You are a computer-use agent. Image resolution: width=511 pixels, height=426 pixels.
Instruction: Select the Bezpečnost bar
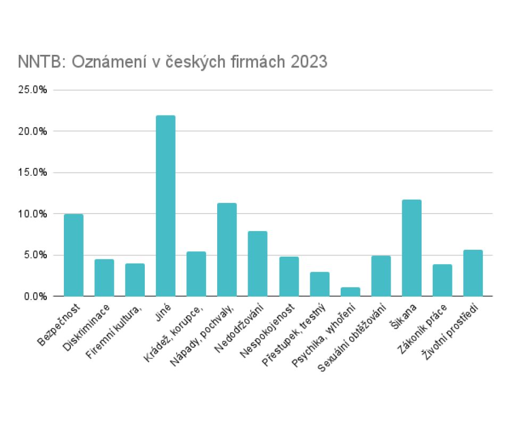(x=73, y=255)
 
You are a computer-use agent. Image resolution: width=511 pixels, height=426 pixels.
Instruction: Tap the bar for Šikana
(x=411, y=248)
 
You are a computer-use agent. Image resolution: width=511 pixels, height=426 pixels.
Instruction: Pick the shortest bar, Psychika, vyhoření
(x=350, y=292)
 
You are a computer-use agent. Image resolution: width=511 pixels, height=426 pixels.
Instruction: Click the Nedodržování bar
(x=258, y=264)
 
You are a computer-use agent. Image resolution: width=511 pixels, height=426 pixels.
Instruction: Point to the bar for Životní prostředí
(x=473, y=273)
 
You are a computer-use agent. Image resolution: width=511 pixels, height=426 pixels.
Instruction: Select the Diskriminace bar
(x=104, y=277)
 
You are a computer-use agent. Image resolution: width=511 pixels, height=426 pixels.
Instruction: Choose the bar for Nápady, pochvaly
(x=227, y=250)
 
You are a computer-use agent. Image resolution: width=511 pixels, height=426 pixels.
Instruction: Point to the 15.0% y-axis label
(x=33, y=173)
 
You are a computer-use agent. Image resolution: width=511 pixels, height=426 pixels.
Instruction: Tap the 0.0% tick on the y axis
(x=35, y=296)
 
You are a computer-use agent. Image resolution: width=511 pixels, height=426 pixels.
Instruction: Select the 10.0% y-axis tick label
(x=33, y=214)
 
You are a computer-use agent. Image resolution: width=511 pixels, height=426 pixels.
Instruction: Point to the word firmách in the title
(x=244, y=62)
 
